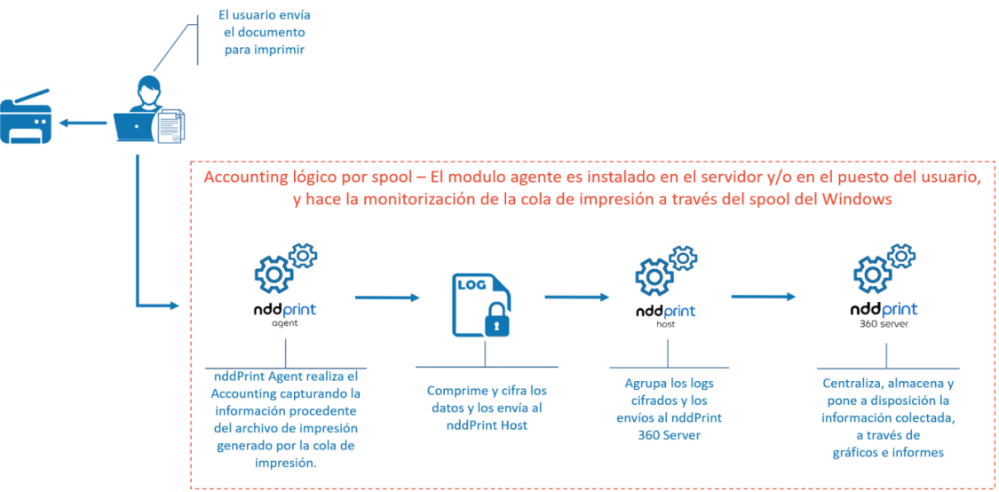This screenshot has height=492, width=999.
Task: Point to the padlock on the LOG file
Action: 497,321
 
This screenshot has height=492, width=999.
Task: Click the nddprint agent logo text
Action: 283,311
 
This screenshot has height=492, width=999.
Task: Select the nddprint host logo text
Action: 665,312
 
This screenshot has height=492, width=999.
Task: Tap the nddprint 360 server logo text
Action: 884,311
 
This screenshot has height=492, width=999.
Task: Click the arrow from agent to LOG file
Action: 386,298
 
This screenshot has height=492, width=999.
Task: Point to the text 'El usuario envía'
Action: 265,15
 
